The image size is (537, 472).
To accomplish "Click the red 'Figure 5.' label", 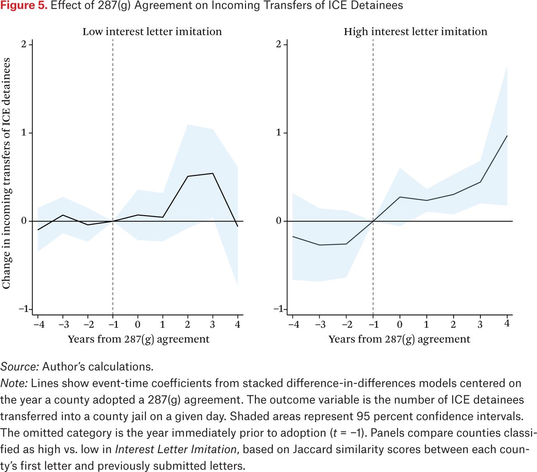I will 24,5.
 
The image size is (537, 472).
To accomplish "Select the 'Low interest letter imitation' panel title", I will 152,32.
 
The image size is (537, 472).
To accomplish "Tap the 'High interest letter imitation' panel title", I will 415,32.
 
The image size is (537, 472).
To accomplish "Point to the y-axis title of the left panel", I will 6,173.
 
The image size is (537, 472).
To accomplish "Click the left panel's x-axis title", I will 138,339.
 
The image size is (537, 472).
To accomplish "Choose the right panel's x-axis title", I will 399,339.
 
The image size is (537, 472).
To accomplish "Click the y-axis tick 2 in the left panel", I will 24,44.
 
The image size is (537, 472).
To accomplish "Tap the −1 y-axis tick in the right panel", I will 278,309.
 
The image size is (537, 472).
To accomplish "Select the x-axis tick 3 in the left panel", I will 212,324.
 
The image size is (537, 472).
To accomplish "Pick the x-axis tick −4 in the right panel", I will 293,324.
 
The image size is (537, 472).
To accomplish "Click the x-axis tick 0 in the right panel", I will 399,324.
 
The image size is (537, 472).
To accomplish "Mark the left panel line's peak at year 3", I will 213,173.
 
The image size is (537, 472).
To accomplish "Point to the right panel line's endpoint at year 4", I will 507,136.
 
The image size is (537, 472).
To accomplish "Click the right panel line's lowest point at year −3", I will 319,245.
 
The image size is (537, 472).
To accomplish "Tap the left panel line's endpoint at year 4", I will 237,227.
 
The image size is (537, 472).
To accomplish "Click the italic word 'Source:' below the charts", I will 20,367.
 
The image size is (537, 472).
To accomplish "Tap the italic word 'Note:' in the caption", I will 14,383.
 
